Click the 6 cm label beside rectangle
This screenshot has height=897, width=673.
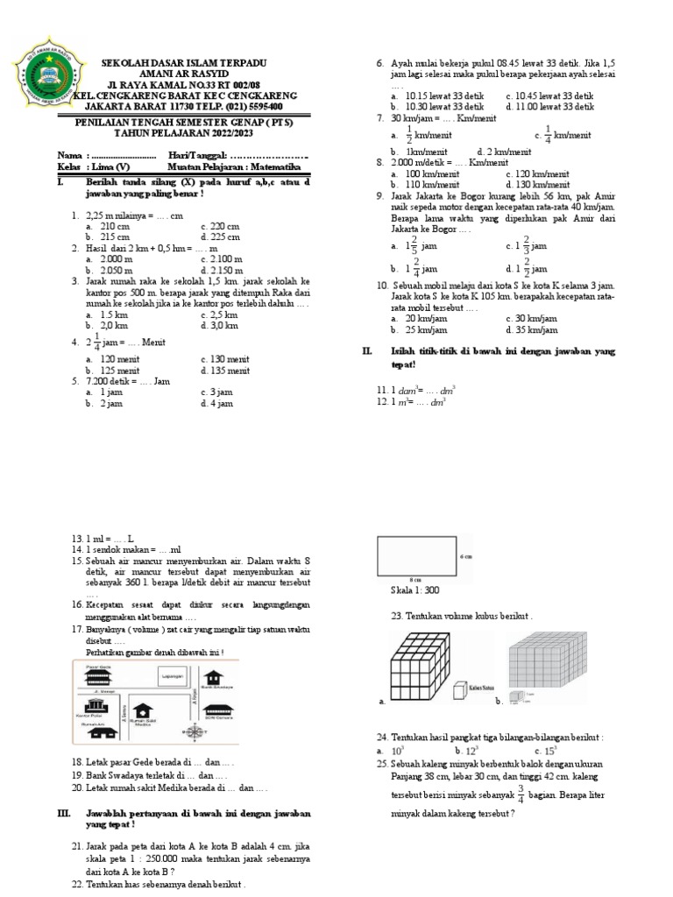465,557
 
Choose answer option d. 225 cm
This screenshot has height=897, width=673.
220,237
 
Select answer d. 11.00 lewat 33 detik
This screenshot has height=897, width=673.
549,106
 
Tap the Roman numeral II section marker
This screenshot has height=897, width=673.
368,350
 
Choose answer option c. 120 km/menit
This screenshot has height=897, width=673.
534,174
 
